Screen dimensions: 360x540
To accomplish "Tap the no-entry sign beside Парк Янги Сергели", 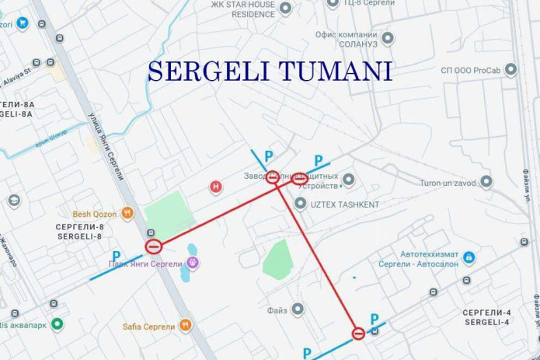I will click(154, 247).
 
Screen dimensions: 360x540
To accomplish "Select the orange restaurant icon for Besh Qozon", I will click(127, 213).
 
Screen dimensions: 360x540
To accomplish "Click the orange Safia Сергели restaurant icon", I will click(185, 325).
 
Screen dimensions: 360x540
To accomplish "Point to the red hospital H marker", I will click(217, 187).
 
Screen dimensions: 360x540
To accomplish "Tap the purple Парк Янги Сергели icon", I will click(192, 262).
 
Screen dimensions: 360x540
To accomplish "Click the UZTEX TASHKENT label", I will click(346, 204).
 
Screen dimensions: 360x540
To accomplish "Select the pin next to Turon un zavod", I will click(486, 182).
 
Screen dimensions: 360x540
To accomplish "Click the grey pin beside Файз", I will click(297, 309).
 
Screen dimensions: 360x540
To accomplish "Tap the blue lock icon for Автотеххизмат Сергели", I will click(469, 257).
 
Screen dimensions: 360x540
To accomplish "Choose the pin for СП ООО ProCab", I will click(510, 70).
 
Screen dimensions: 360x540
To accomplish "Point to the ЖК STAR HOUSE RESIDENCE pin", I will click(285, 9).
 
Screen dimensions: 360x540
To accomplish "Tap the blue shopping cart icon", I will click(23, 23).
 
